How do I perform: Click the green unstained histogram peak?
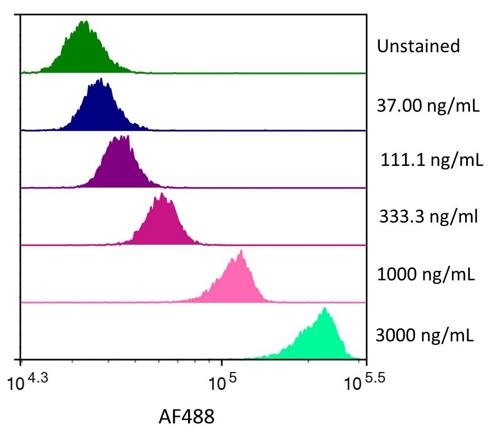click(84, 51)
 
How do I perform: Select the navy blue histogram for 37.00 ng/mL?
click(99, 109)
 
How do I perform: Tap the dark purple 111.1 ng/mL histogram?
click(121, 165)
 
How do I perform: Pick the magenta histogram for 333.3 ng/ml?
click(163, 224)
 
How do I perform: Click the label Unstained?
click(418, 46)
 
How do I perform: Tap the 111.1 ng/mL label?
click(432, 160)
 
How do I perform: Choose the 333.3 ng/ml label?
click(429, 217)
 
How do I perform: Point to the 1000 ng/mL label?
click(426, 275)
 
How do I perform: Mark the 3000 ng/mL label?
click(425, 335)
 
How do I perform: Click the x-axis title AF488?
click(186, 416)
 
